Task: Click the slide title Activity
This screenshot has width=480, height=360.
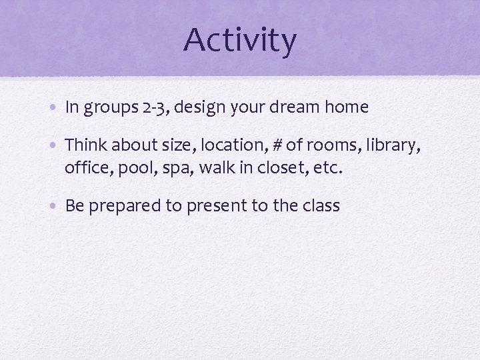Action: click(x=240, y=40)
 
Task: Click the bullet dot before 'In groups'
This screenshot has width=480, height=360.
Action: click(x=56, y=108)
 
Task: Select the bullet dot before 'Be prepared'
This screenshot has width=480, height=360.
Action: click(x=56, y=206)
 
